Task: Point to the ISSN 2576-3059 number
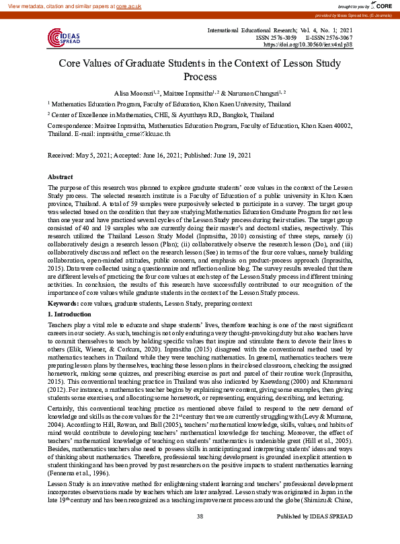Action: tap(274, 38)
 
